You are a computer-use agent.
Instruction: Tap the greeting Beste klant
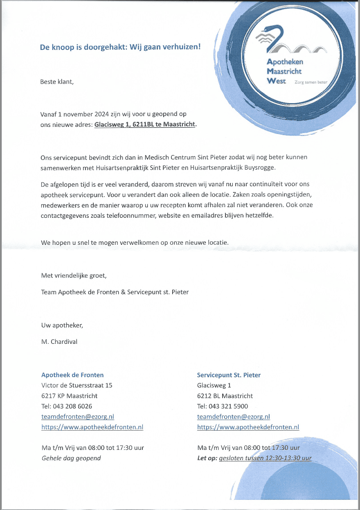click(56, 81)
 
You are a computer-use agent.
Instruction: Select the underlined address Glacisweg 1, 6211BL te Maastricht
click(145, 124)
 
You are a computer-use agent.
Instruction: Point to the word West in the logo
click(276, 81)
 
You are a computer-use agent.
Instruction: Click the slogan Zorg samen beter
click(310, 82)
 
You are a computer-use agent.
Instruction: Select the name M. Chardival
click(59, 341)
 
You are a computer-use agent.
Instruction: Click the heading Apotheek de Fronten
click(72, 375)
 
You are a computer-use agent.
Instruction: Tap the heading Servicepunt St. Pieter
click(229, 375)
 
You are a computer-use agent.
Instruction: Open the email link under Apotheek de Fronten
click(77, 417)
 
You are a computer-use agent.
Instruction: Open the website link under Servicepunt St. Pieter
click(248, 427)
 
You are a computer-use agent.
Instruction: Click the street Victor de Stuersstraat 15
click(76, 385)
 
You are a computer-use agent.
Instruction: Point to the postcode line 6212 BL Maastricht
click(225, 396)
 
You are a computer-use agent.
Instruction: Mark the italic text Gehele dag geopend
click(71, 458)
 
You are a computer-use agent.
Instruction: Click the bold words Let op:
click(207, 458)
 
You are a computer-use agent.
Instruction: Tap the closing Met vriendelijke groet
click(74, 275)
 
